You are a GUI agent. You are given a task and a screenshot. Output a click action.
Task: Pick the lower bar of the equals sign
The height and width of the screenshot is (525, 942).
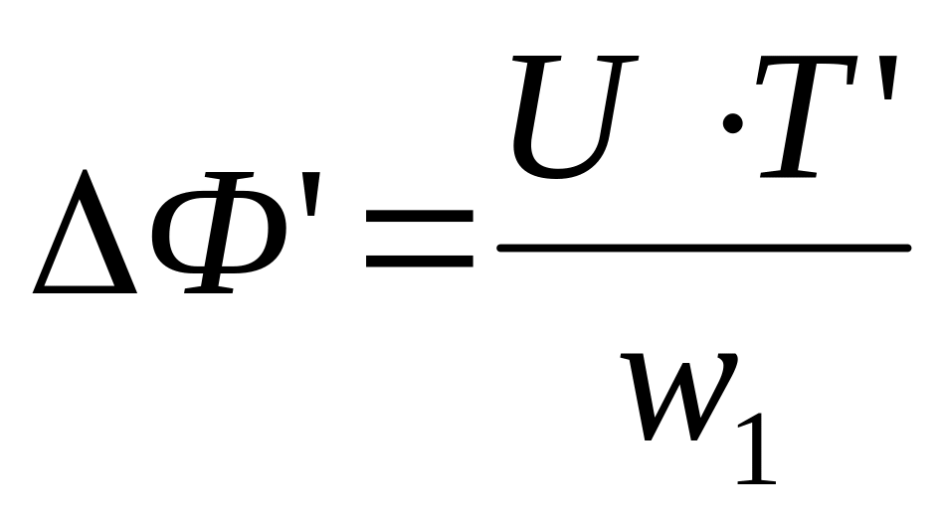[419, 264]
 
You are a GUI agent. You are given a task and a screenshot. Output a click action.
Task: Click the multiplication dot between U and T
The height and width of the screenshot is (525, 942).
[733, 123]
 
